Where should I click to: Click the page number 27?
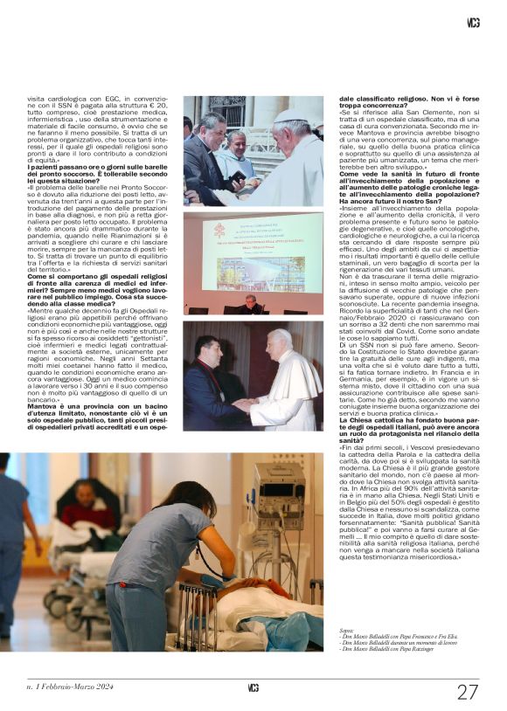(x=468, y=691)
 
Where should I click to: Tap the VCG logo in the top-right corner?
(x=473, y=23)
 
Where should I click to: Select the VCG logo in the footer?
(x=253, y=688)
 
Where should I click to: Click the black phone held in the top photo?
(x=237, y=176)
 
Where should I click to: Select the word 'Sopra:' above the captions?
(x=347, y=630)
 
